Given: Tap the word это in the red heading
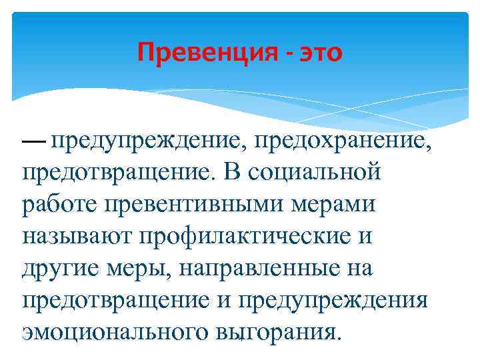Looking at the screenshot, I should pos(317,52).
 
